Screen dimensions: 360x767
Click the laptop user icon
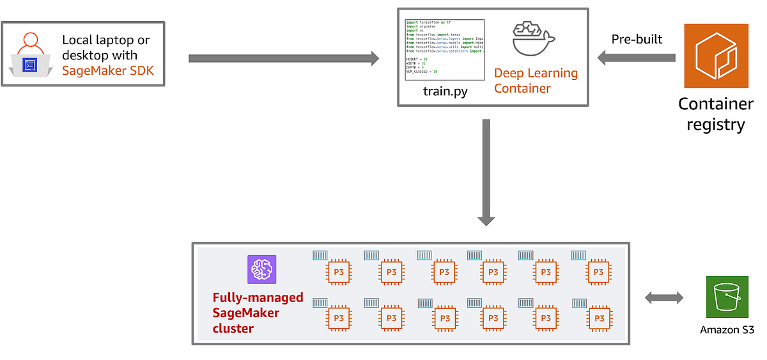click(30, 54)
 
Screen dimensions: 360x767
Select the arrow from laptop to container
click(284, 59)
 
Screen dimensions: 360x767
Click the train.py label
click(445, 92)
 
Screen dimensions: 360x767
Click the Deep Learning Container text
click(536, 81)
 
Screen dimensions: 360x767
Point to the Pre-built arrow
click(637, 58)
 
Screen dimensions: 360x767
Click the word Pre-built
click(637, 40)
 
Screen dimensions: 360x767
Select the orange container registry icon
click(716, 56)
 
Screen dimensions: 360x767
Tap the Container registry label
click(716, 114)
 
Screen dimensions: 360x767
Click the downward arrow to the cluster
click(486, 172)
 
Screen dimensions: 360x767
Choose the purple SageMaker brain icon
click(261, 269)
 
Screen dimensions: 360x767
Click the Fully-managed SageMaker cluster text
click(258, 313)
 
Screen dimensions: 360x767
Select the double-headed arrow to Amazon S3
click(664, 297)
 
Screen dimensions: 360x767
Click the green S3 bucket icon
click(727, 297)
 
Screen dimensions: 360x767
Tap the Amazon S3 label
click(727, 331)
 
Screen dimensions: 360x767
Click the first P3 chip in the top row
click(339, 272)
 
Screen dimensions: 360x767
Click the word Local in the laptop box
click(77, 40)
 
